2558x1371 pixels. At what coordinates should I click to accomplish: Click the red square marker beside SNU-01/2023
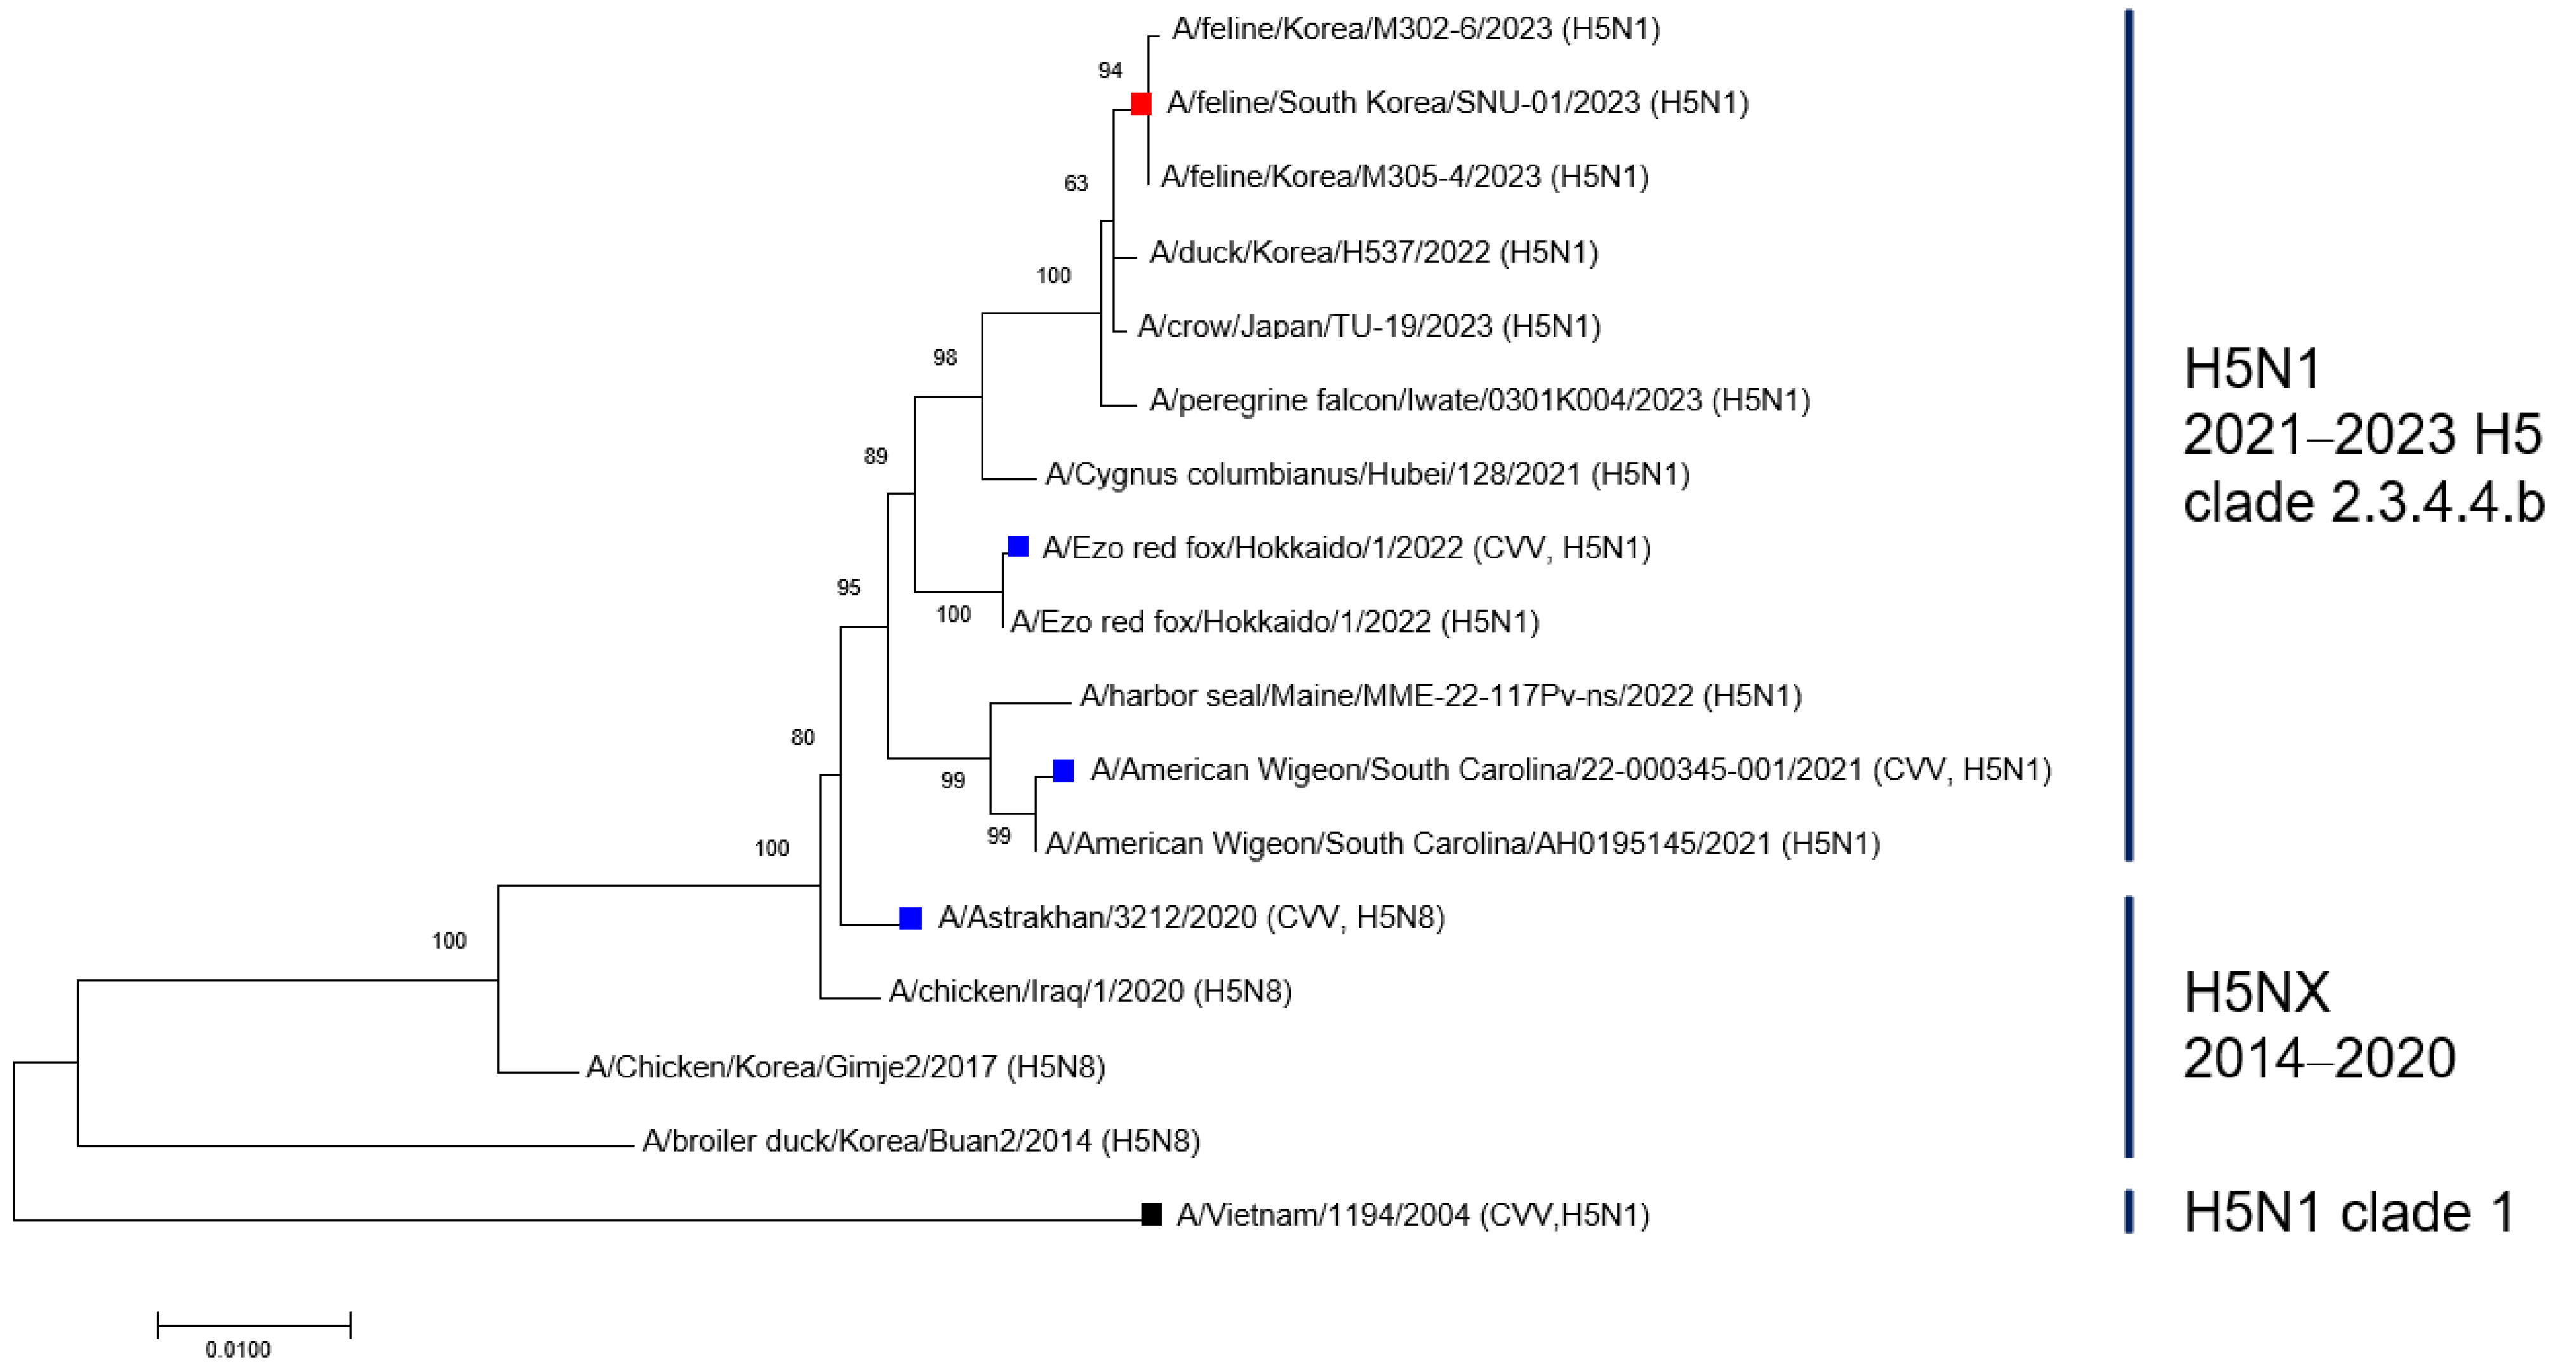(1141, 104)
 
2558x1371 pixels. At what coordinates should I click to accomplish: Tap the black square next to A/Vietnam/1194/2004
(1151, 1214)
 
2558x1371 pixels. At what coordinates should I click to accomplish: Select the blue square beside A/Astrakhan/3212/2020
(910, 918)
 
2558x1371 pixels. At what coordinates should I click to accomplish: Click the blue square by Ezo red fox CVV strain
(1018, 546)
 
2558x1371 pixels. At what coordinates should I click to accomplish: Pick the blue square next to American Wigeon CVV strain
(1063, 770)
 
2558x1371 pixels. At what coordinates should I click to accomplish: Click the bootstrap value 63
(1076, 183)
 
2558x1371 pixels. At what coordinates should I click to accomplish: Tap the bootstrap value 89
(875, 456)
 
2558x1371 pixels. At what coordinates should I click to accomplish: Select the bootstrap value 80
(803, 737)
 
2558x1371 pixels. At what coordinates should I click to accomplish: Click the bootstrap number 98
(944, 358)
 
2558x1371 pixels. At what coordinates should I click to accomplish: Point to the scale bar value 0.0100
(237, 1349)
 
